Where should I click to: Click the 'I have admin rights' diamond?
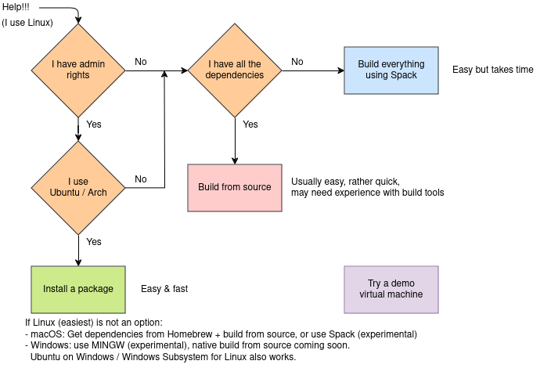click(78, 70)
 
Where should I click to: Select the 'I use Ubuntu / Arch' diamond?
click(78, 187)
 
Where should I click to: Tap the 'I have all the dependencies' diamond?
click(235, 70)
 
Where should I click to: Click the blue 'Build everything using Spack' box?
click(391, 70)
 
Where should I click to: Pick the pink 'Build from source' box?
click(235, 187)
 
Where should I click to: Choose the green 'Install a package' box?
click(78, 289)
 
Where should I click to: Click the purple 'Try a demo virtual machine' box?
click(391, 289)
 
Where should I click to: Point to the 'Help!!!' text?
click(18, 7)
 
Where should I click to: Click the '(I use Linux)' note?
click(27, 23)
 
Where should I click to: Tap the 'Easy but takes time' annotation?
click(492, 70)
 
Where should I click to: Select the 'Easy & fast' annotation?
click(164, 289)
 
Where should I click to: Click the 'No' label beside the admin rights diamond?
click(141, 62)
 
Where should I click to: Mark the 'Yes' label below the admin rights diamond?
click(94, 124)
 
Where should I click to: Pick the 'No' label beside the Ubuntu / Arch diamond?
click(141, 179)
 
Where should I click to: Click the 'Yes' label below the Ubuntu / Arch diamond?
click(94, 242)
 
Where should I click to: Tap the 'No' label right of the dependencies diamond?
click(297, 62)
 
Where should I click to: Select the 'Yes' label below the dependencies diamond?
click(250, 124)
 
